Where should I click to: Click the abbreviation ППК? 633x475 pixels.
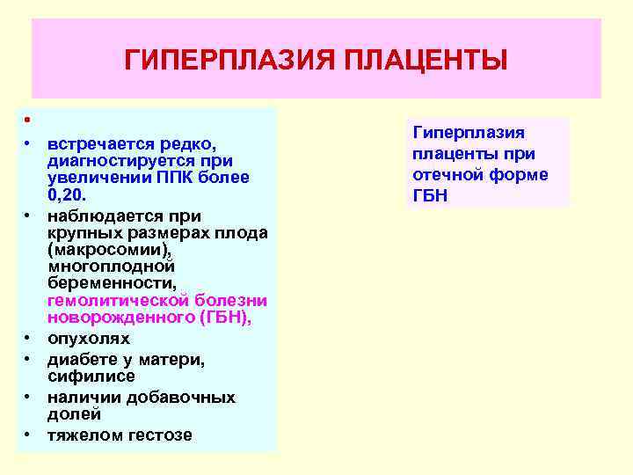(183, 178)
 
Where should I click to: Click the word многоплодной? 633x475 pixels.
(112, 267)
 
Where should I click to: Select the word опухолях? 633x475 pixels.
(89, 339)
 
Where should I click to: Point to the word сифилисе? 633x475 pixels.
(91, 376)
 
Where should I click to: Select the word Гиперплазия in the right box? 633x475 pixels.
(469, 133)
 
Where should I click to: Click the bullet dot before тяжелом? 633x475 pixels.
(28, 435)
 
